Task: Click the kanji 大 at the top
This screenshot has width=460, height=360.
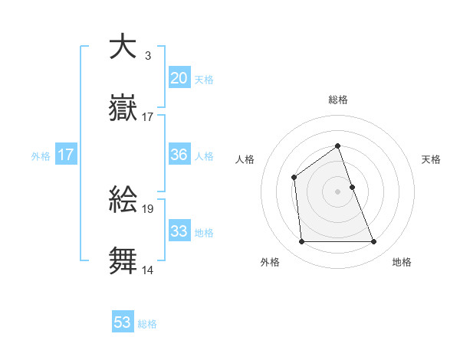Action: click(x=122, y=47)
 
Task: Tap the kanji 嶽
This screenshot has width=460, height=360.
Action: click(x=122, y=108)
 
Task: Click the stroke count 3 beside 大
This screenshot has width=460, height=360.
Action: click(x=147, y=55)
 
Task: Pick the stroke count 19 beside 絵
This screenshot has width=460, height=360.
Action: click(x=148, y=208)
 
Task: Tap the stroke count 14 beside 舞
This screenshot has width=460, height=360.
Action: click(x=148, y=270)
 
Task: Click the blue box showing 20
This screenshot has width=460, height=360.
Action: click(x=179, y=78)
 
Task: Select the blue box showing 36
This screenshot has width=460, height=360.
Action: click(x=179, y=155)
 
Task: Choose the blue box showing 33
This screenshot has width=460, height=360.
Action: click(x=179, y=231)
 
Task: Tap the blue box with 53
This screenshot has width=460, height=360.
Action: click(x=123, y=322)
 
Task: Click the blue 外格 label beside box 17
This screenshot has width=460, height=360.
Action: click(x=41, y=155)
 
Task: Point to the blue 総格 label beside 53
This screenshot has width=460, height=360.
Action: click(x=147, y=324)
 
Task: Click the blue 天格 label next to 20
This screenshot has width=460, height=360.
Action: click(x=204, y=80)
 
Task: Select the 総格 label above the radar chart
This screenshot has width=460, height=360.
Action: click(x=337, y=100)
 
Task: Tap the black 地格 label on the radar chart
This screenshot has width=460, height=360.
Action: click(x=402, y=263)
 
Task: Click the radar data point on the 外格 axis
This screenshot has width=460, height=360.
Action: click(x=301, y=242)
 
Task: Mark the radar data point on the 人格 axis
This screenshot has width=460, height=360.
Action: click(x=294, y=178)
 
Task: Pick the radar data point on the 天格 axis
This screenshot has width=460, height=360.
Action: click(x=352, y=187)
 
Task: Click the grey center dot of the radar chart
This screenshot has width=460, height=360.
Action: click(x=337, y=191)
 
